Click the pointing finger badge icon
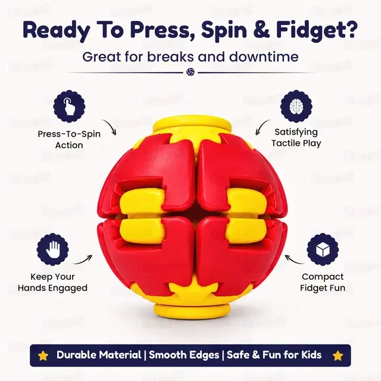click(69, 106)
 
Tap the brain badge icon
click(296, 106)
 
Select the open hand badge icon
click(52, 250)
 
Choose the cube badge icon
click(323, 250)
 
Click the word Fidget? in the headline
click(317, 31)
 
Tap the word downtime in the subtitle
click(264, 57)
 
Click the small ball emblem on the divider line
click(190, 72)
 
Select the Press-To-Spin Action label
click(69, 139)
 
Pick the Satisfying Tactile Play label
click(296, 138)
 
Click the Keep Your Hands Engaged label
click(52, 282)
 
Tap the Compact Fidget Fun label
click(323, 282)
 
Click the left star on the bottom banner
click(43, 356)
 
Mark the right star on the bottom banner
click(338, 356)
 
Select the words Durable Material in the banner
click(99, 355)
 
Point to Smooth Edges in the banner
click(184, 355)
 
